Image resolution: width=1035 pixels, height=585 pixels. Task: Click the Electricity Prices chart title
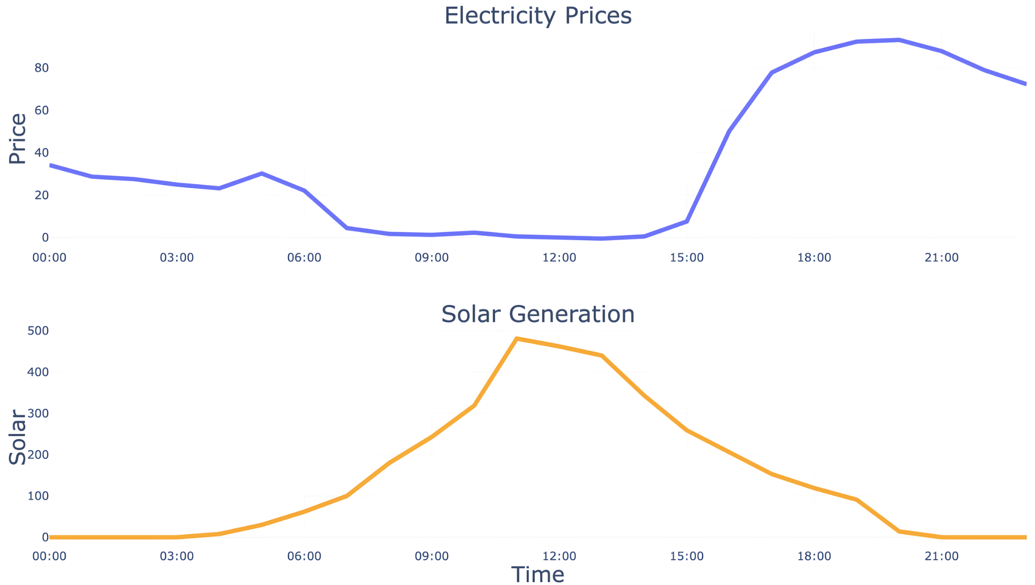tap(538, 16)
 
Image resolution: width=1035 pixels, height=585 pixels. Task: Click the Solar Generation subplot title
tap(538, 314)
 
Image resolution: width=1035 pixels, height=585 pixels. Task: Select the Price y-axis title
tap(18, 138)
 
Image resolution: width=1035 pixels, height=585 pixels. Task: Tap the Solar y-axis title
tap(18, 437)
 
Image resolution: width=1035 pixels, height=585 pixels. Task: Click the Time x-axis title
tap(538, 575)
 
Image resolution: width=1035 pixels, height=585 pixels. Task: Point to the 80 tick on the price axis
tap(41, 68)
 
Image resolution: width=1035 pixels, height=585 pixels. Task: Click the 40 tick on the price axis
tap(41, 153)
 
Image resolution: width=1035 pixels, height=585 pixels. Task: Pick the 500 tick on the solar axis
tap(38, 331)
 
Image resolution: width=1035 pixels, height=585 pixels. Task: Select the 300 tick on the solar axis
tap(38, 413)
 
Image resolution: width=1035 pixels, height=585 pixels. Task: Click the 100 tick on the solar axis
tap(38, 496)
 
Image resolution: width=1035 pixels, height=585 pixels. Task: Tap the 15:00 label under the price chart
tap(687, 258)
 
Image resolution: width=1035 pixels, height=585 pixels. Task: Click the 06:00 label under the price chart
tap(304, 258)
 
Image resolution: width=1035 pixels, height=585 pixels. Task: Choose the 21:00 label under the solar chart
tap(942, 556)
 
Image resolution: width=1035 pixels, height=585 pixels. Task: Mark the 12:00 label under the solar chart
tap(559, 556)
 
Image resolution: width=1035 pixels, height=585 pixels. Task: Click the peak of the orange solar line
tap(516, 339)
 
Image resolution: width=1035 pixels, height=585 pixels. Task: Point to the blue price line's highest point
tap(899, 40)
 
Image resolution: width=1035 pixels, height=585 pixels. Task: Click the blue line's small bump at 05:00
tap(262, 174)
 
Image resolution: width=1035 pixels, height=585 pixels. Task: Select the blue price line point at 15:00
tap(687, 221)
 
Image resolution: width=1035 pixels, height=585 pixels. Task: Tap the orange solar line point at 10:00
tap(474, 406)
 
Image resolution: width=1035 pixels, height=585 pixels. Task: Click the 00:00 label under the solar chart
tap(49, 556)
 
